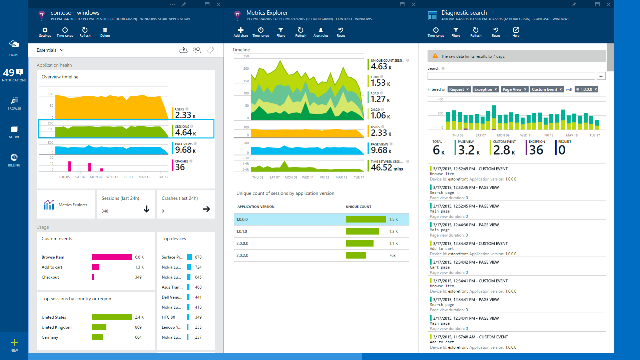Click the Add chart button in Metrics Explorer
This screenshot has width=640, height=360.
click(240, 32)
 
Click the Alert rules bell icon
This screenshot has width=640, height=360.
click(321, 30)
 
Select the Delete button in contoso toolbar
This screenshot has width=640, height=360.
click(105, 32)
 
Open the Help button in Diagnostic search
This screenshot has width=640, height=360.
click(516, 32)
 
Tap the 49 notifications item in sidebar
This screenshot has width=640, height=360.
click(14, 75)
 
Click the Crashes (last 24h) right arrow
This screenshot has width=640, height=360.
click(206, 209)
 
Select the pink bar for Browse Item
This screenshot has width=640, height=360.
click(111, 257)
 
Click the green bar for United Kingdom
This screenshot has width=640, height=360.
click(99, 327)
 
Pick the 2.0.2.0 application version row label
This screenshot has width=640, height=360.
click(242, 256)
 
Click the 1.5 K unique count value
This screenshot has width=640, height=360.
click(393, 220)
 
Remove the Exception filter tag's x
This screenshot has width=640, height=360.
click(496, 89)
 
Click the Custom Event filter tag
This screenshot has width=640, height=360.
click(544, 89)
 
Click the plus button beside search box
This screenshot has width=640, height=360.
click(601, 76)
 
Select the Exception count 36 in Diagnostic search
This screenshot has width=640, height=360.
click(536, 150)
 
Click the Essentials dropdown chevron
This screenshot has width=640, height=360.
click(62, 50)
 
